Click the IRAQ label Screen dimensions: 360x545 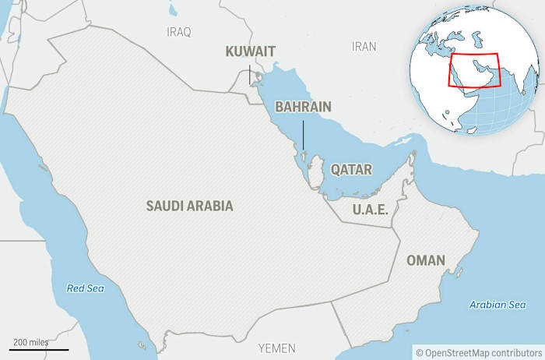coord(178,31)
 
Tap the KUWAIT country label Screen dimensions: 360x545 coord(250,51)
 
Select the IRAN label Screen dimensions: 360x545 coord(364,47)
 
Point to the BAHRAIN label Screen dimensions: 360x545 coord(304,107)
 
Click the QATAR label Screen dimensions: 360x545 coord(351,169)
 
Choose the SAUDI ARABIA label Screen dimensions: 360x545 coord(189,206)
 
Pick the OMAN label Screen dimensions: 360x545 coord(426,260)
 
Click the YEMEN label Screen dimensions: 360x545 coord(277,348)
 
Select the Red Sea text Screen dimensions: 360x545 coord(85,288)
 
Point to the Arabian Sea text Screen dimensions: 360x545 coord(498,305)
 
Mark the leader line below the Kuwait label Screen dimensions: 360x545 coord(250,76)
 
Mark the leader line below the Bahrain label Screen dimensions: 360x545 coord(303,134)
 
